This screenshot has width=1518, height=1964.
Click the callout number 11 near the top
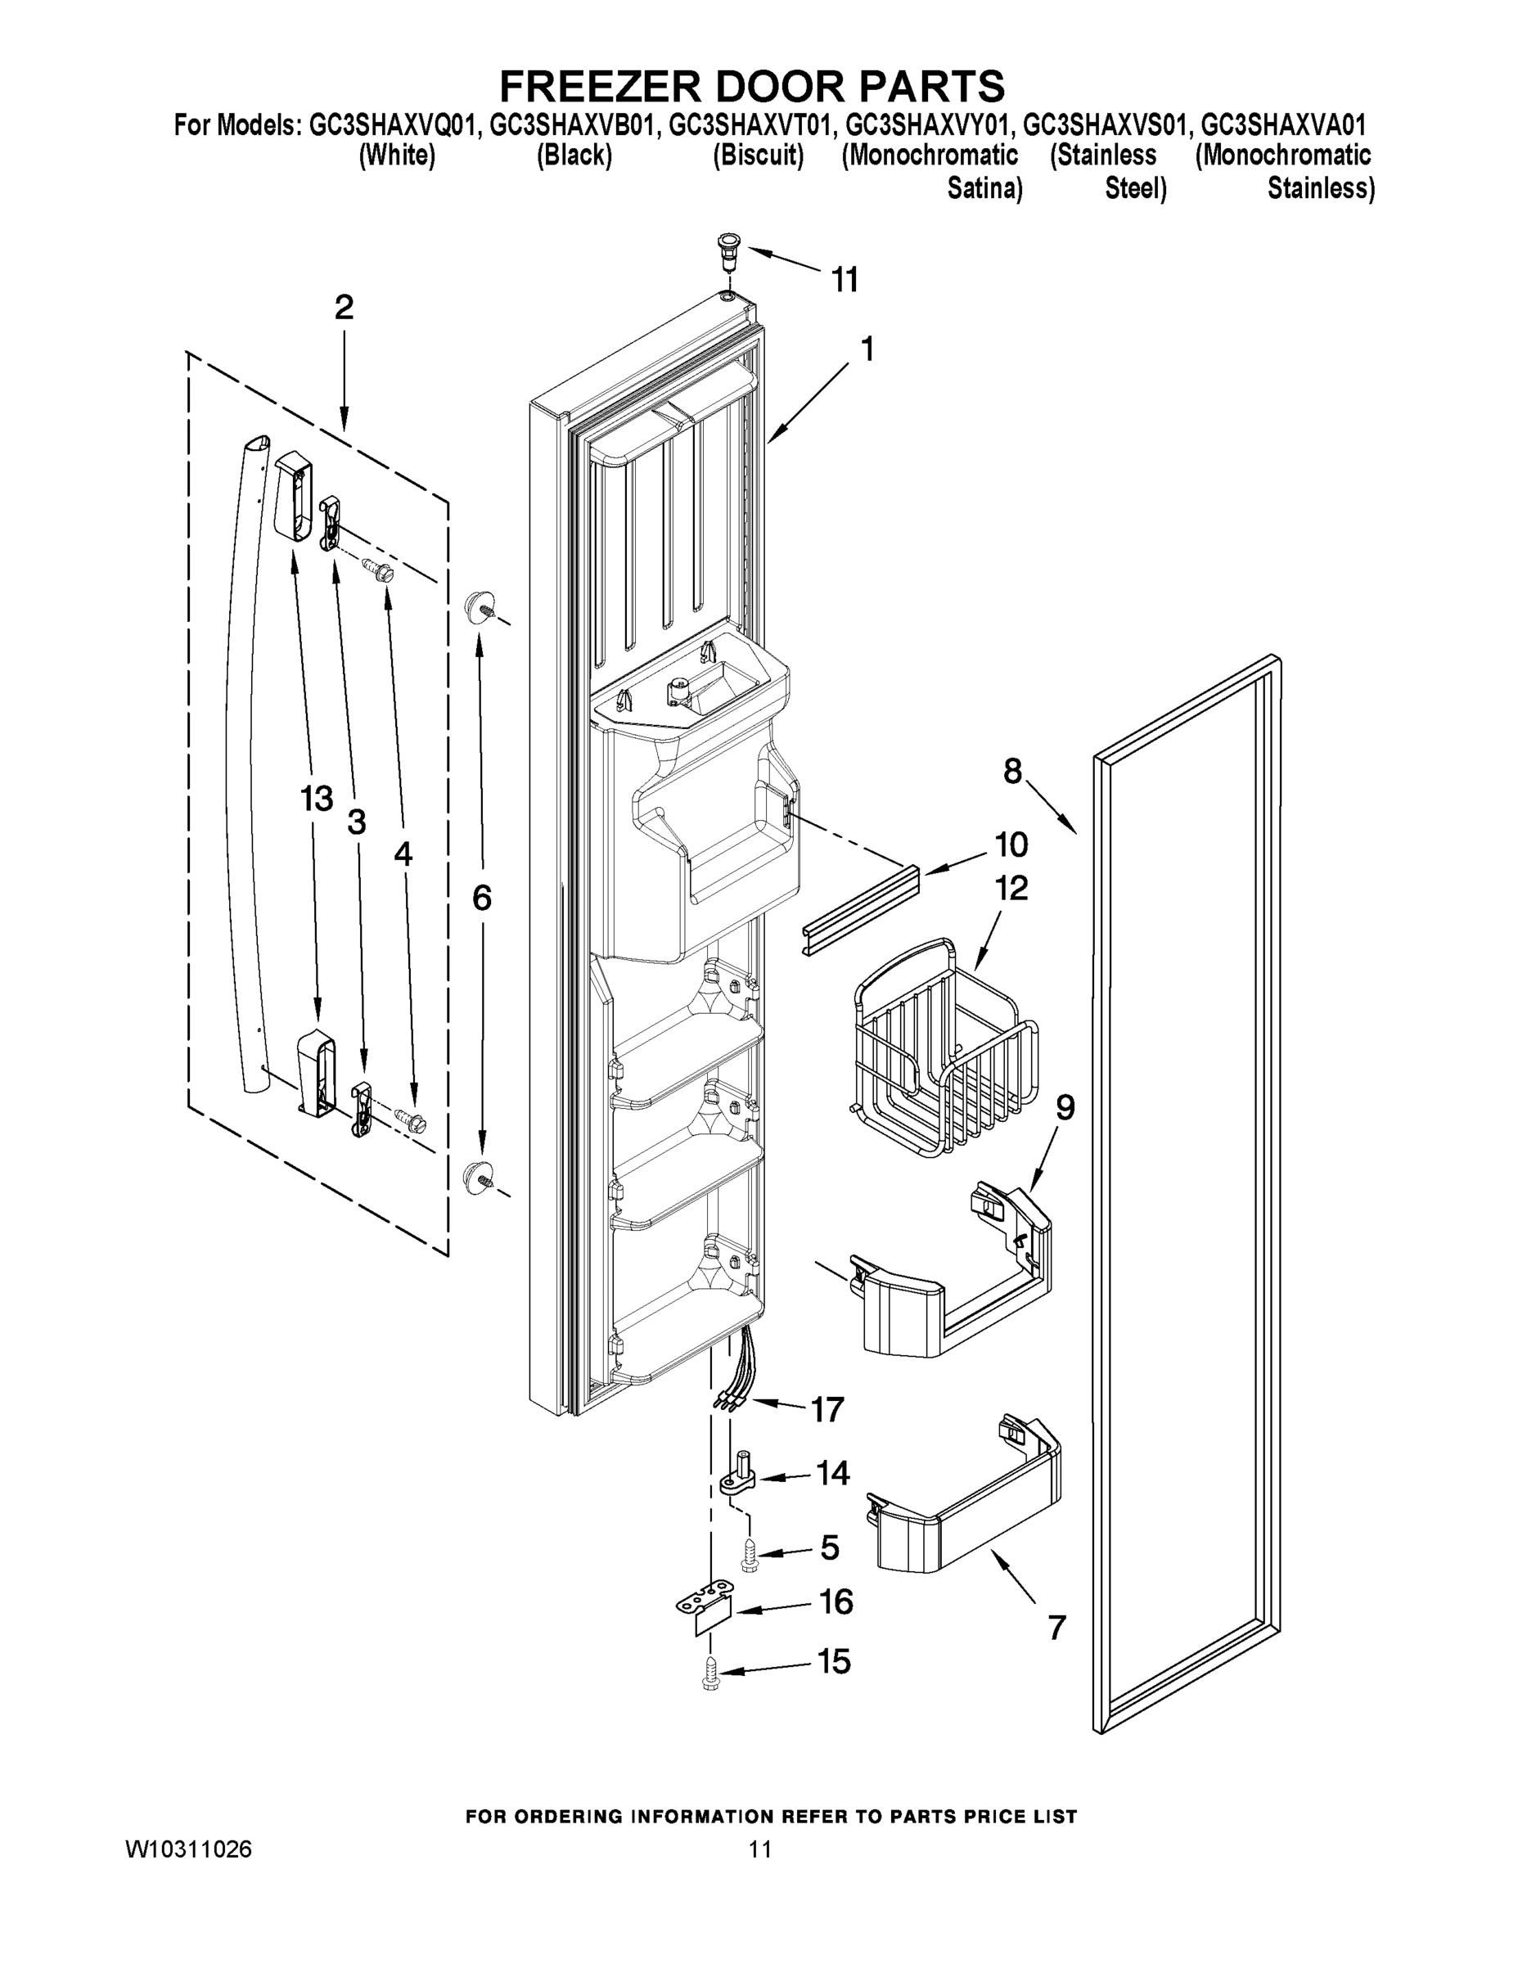(x=844, y=281)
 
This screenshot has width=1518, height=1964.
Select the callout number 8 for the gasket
(x=1012, y=772)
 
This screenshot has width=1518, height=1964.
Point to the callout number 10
(x=1011, y=845)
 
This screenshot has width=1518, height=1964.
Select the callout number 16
(x=836, y=1602)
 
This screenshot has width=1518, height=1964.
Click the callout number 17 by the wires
(x=827, y=1410)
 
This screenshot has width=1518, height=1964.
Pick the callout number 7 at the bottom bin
(x=1056, y=1628)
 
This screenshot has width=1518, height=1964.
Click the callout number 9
(x=1065, y=1108)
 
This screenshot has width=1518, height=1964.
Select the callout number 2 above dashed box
(x=344, y=309)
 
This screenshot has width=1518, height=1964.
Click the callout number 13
(x=317, y=799)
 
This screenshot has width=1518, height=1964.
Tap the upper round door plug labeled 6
(x=479, y=607)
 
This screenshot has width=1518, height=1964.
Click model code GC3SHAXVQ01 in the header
(x=390, y=124)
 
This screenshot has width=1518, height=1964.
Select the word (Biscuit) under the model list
(x=758, y=155)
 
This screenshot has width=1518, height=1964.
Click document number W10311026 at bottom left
(x=188, y=1849)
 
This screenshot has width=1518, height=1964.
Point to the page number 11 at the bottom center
(x=760, y=1849)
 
